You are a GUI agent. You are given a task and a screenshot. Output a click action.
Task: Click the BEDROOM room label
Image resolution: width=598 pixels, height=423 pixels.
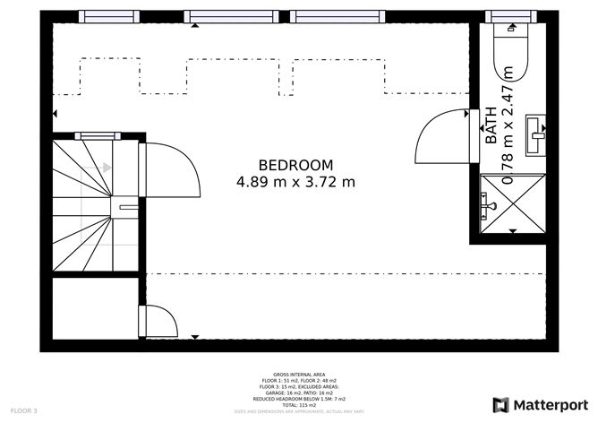295,165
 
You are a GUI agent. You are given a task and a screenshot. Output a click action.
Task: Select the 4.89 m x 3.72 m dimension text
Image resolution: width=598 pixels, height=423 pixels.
295,182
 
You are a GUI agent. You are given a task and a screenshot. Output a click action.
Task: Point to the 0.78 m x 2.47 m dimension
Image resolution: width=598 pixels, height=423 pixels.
508,125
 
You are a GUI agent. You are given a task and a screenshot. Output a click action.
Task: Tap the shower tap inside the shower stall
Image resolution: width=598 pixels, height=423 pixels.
487,207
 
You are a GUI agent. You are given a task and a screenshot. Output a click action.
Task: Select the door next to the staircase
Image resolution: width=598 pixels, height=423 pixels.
170,170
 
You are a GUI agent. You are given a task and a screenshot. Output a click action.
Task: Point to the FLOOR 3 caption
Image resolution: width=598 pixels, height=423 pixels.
24,410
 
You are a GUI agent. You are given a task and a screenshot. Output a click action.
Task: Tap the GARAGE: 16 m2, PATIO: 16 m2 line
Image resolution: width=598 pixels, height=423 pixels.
299,393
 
